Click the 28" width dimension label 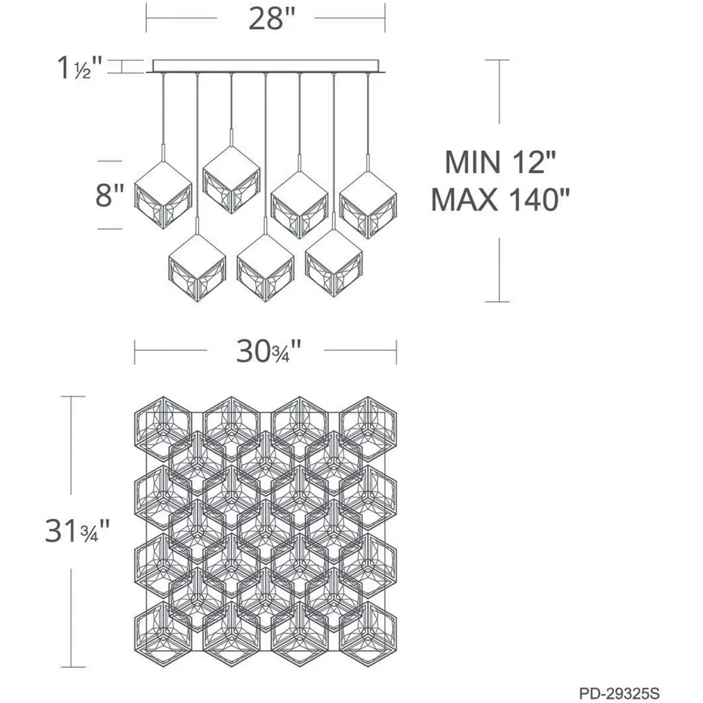coord(272,19)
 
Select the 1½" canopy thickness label coord(80,68)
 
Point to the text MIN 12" coord(500,162)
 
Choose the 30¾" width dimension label coord(268,351)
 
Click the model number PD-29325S coord(619,693)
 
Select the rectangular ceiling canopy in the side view coord(266,67)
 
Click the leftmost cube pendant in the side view coord(163,194)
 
